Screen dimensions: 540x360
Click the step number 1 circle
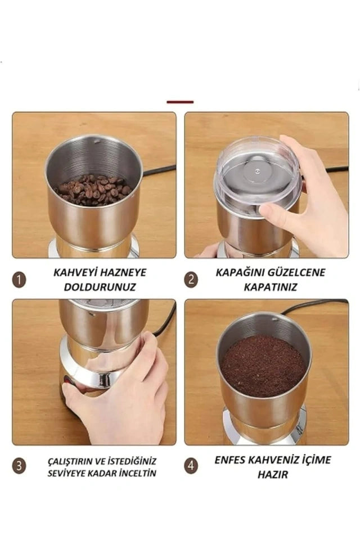[19, 280]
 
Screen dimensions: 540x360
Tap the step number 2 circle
[191, 280]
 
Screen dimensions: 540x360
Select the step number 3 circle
[19, 466]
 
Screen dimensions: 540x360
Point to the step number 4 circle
[191, 466]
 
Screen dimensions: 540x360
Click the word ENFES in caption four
[231, 460]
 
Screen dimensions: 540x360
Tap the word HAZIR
[273, 475]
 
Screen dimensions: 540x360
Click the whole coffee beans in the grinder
[93, 190]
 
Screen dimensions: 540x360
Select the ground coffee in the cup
[263, 366]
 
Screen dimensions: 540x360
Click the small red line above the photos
[180, 102]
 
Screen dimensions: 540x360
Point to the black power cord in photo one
[160, 169]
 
